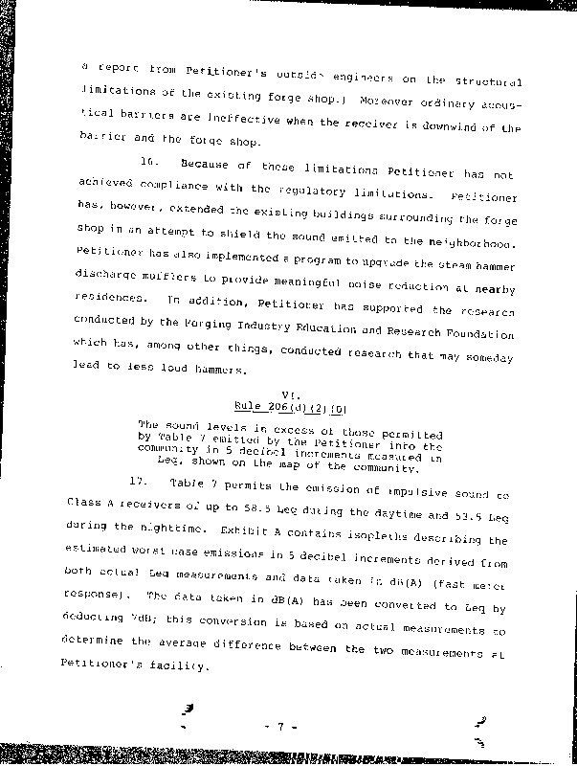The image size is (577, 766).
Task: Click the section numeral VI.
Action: click(288, 394)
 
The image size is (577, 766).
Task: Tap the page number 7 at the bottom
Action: click(282, 727)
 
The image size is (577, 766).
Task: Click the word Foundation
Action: click(478, 335)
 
